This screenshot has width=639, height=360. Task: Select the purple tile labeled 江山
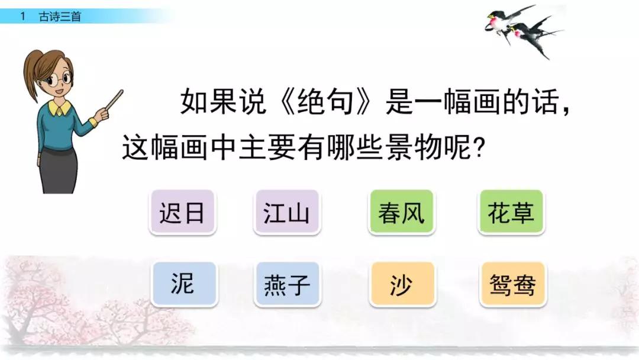(286, 212)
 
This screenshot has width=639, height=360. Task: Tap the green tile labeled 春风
(401, 212)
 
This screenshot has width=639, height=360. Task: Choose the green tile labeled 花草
(512, 212)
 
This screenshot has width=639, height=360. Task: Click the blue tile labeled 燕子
(287, 285)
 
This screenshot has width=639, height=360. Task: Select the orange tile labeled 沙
(402, 285)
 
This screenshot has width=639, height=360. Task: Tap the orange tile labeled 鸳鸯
(512, 285)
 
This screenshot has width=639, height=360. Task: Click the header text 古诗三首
(60, 17)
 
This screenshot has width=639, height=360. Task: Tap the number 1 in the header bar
(23, 17)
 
